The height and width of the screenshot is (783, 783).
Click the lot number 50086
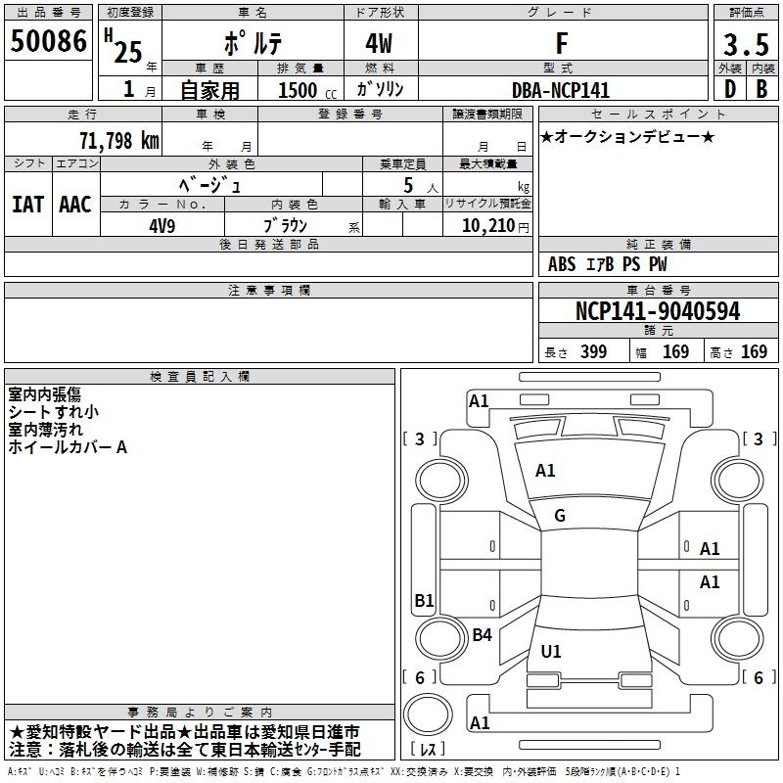point(48,41)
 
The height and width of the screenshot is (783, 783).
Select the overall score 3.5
point(745,44)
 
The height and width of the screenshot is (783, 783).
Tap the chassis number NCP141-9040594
point(657,311)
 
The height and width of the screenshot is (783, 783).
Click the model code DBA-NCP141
point(561,90)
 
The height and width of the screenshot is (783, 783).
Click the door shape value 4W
point(380,44)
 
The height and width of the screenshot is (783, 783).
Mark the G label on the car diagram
point(560,516)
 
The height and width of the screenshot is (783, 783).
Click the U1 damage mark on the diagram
point(550,651)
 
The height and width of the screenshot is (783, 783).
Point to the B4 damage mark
point(482,635)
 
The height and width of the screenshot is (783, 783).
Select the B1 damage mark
point(424,600)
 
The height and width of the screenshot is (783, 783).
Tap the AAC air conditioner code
point(75,205)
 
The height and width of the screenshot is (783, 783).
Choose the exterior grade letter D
point(728,89)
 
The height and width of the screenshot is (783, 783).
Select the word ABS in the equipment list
point(562,264)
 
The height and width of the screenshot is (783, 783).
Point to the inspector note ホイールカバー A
point(68,447)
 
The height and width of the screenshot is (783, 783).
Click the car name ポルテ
point(251,44)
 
